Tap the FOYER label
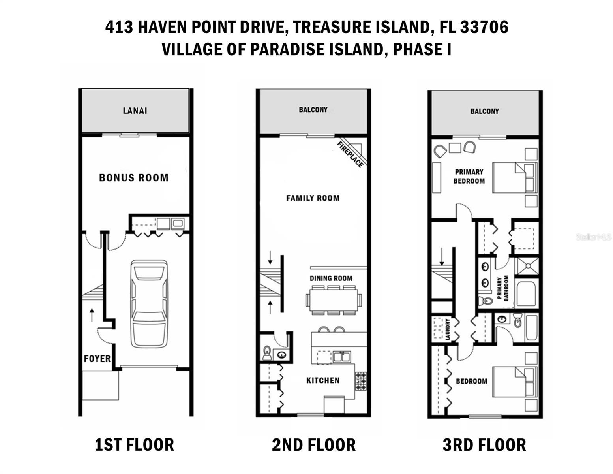click(x=97, y=359)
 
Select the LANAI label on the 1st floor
click(x=135, y=111)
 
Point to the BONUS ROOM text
click(x=134, y=178)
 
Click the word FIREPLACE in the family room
click(x=350, y=154)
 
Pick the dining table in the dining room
click(x=333, y=300)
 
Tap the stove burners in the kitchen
click(x=361, y=381)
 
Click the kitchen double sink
click(x=341, y=357)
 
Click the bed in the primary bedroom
click(x=515, y=178)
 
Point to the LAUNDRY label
click(x=448, y=329)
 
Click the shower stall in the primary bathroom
click(x=527, y=266)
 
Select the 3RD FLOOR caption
click(x=484, y=445)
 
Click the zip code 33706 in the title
click(x=484, y=27)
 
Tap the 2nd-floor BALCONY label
click(x=313, y=109)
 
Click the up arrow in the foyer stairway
click(x=92, y=315)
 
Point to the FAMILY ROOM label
click(x=313, y=198)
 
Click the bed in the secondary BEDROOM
click(x=515, y=382)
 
